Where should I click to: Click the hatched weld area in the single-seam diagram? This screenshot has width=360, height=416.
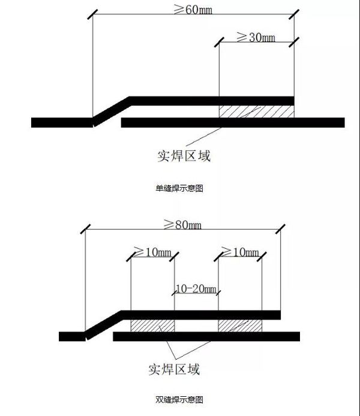[257, 111]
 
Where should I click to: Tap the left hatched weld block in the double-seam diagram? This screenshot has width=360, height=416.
[152, 326]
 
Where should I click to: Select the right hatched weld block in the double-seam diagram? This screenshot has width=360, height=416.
[240, 326]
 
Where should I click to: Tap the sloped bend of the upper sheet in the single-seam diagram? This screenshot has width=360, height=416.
[112, 110]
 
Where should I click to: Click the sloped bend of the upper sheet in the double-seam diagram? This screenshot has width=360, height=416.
[103, 324]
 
